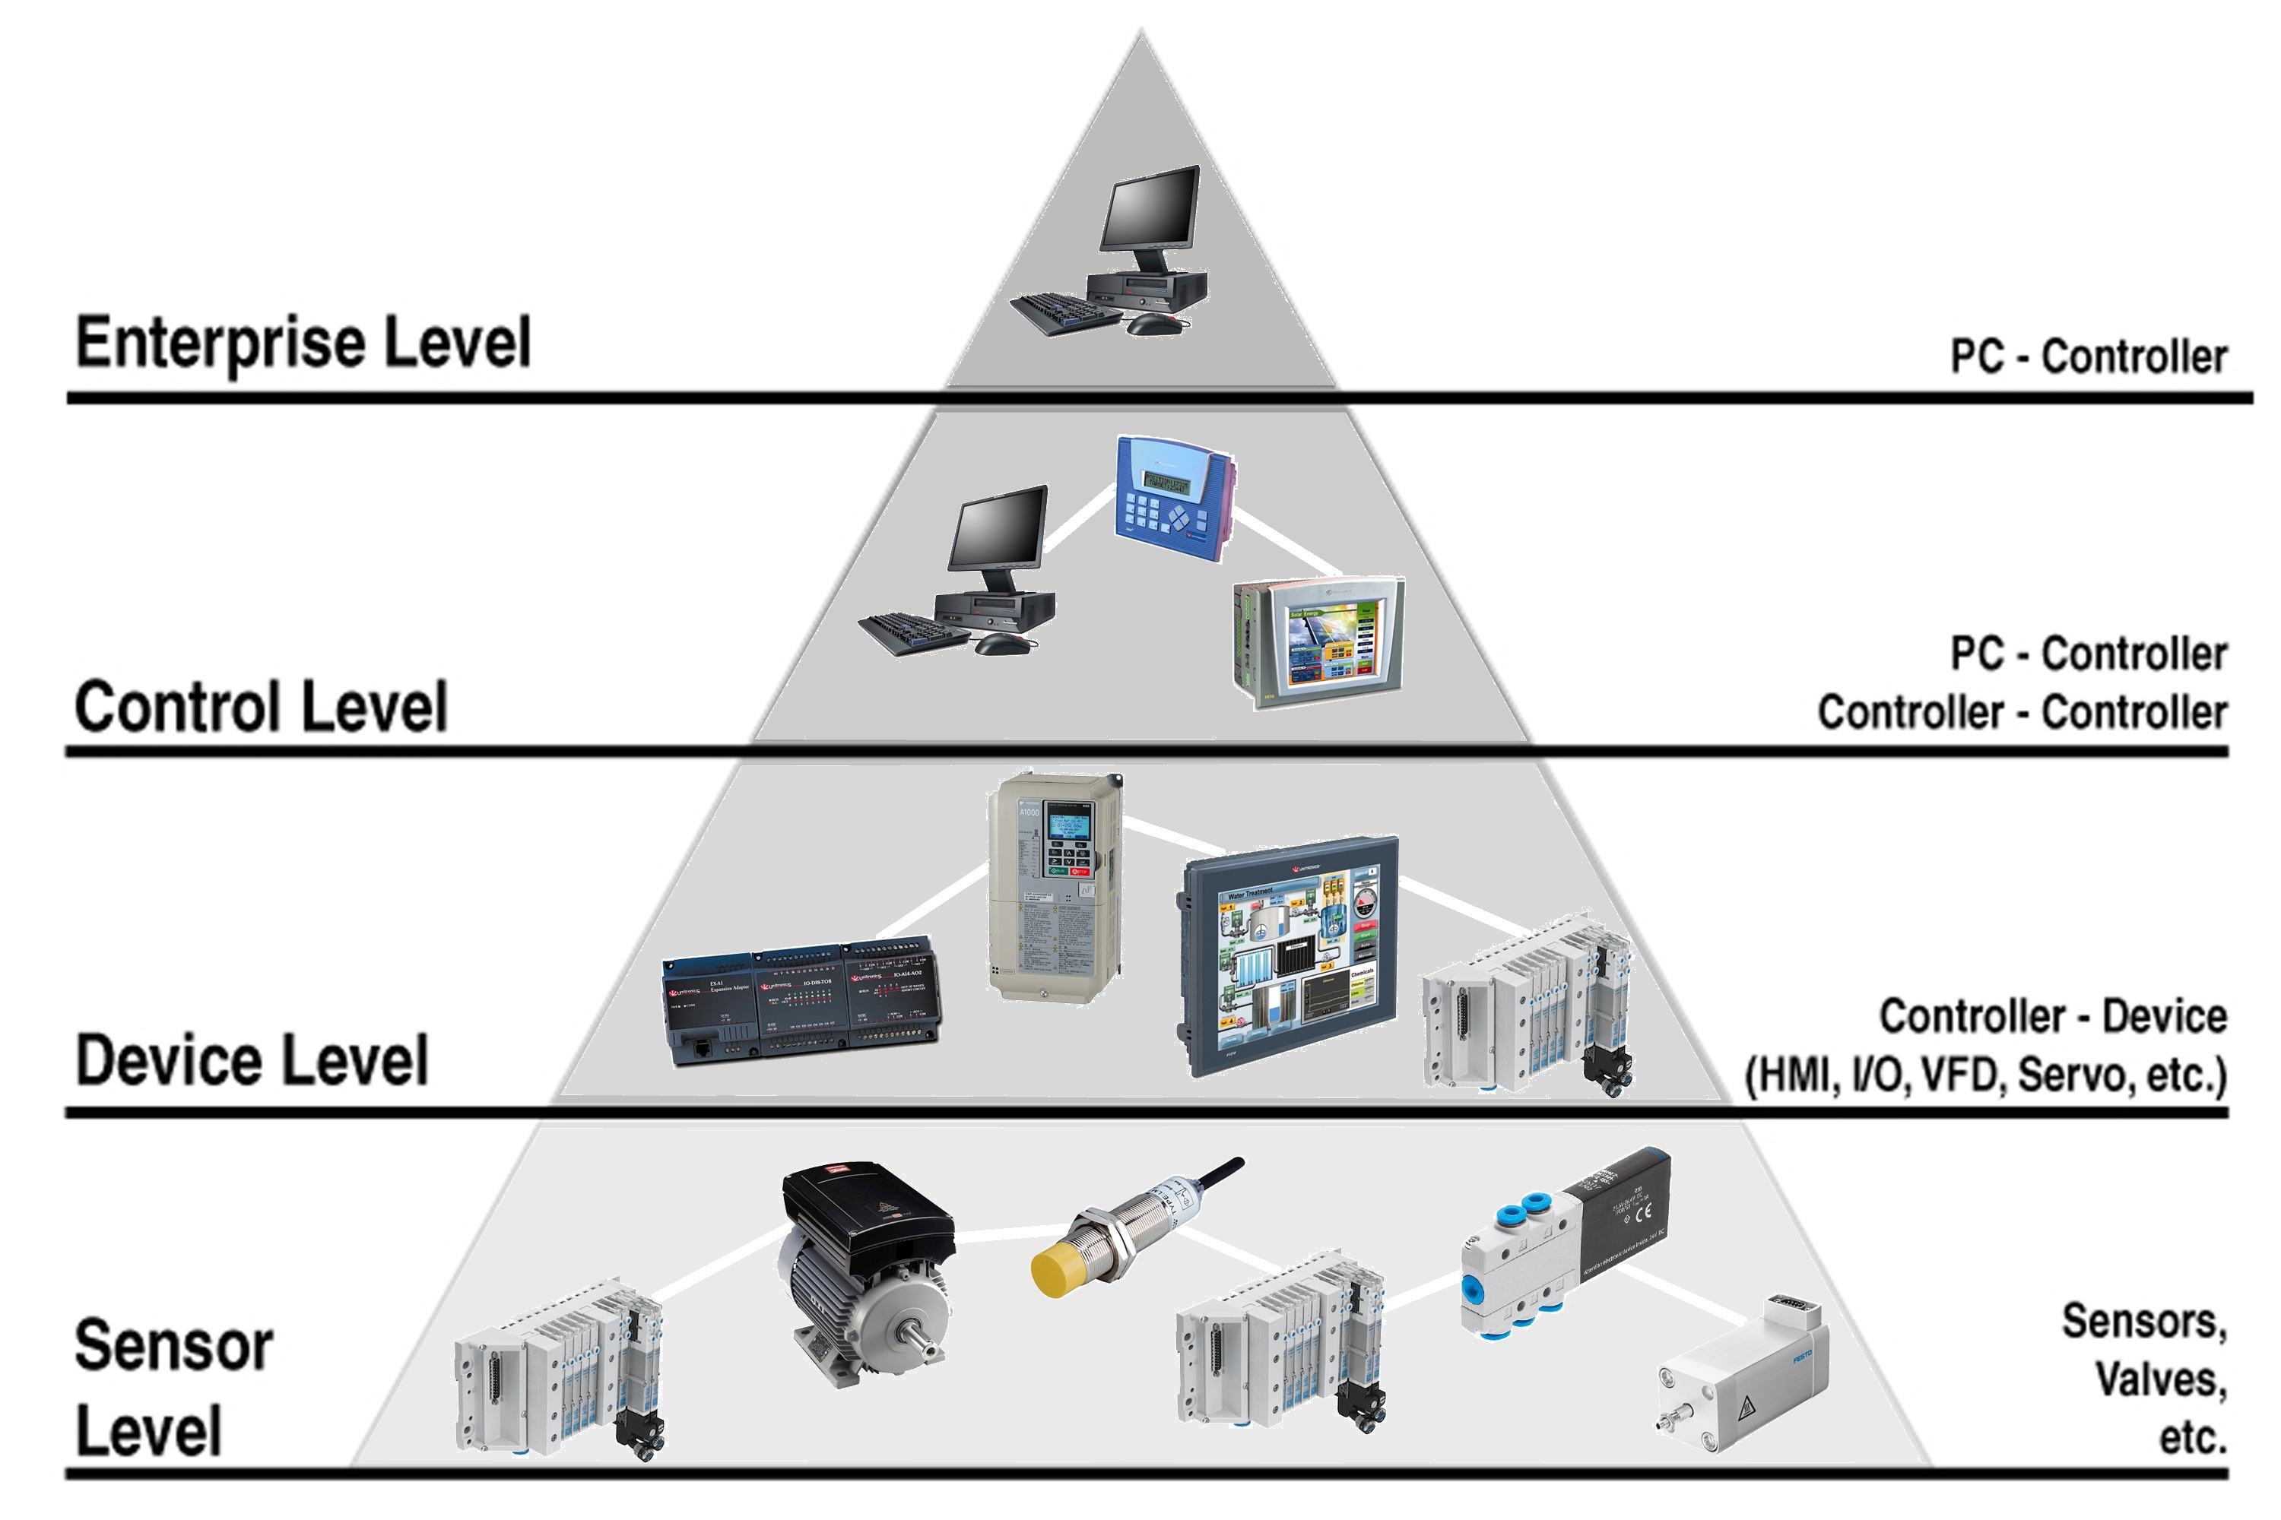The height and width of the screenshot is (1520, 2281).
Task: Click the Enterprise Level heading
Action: [303, 344]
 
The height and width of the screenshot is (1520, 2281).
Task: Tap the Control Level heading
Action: [261, 707]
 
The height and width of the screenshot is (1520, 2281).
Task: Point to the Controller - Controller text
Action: [2021, 713]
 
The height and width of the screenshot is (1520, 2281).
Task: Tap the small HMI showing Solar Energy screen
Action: [1319, 643]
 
